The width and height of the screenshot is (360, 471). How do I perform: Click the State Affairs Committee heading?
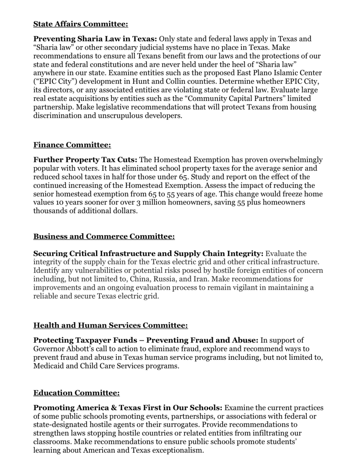click(x=81, y=24)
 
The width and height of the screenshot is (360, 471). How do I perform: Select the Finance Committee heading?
click(x=72, y=145)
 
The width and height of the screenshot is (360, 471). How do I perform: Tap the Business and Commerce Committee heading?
click(x=104, y=236)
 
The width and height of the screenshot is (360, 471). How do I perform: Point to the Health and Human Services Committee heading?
click(x=111, y=325)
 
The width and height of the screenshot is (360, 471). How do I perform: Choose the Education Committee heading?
click(x=76, y=393)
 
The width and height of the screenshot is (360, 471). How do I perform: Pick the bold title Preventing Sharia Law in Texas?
click(x=95, y=39)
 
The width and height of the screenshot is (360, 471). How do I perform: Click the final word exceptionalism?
click(x=179, y=450)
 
